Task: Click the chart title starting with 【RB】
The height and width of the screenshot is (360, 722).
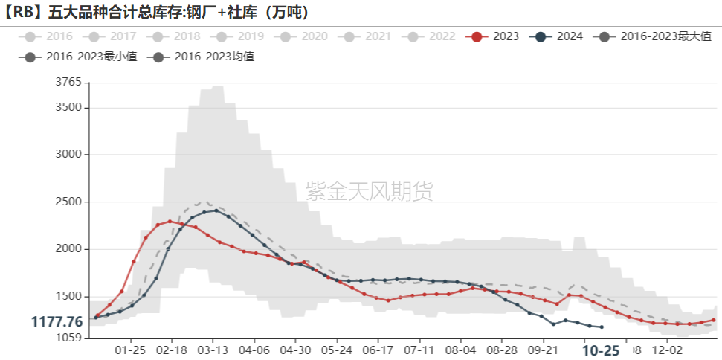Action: point(157,13)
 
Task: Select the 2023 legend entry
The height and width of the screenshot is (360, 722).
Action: point(494,36)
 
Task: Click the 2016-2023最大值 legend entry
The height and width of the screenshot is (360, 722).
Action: point(656,36)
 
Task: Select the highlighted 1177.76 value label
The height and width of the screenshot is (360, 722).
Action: point(57,321)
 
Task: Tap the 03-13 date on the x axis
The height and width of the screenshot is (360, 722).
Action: point(213,350)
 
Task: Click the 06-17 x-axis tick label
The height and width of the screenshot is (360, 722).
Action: point(378,350)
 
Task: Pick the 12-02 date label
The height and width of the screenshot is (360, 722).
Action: point(666,350)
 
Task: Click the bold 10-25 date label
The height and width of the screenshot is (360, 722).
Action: point(601,350)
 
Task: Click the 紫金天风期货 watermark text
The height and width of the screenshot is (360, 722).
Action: point(369,192)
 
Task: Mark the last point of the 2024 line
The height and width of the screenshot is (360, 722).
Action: point(602,327)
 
